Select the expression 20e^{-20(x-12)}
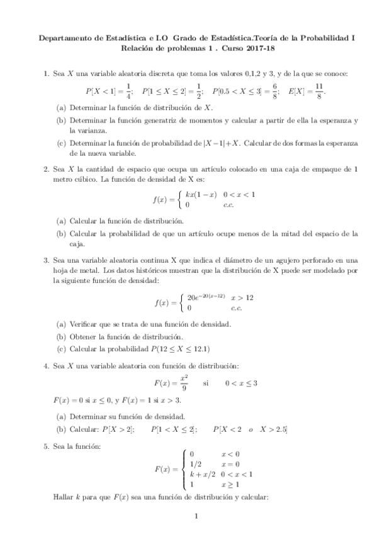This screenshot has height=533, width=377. click(x=206, y=297)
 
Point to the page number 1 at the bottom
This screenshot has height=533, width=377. click(x=197, y=518)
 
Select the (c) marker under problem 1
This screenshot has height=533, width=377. click(x=61, y=142)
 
